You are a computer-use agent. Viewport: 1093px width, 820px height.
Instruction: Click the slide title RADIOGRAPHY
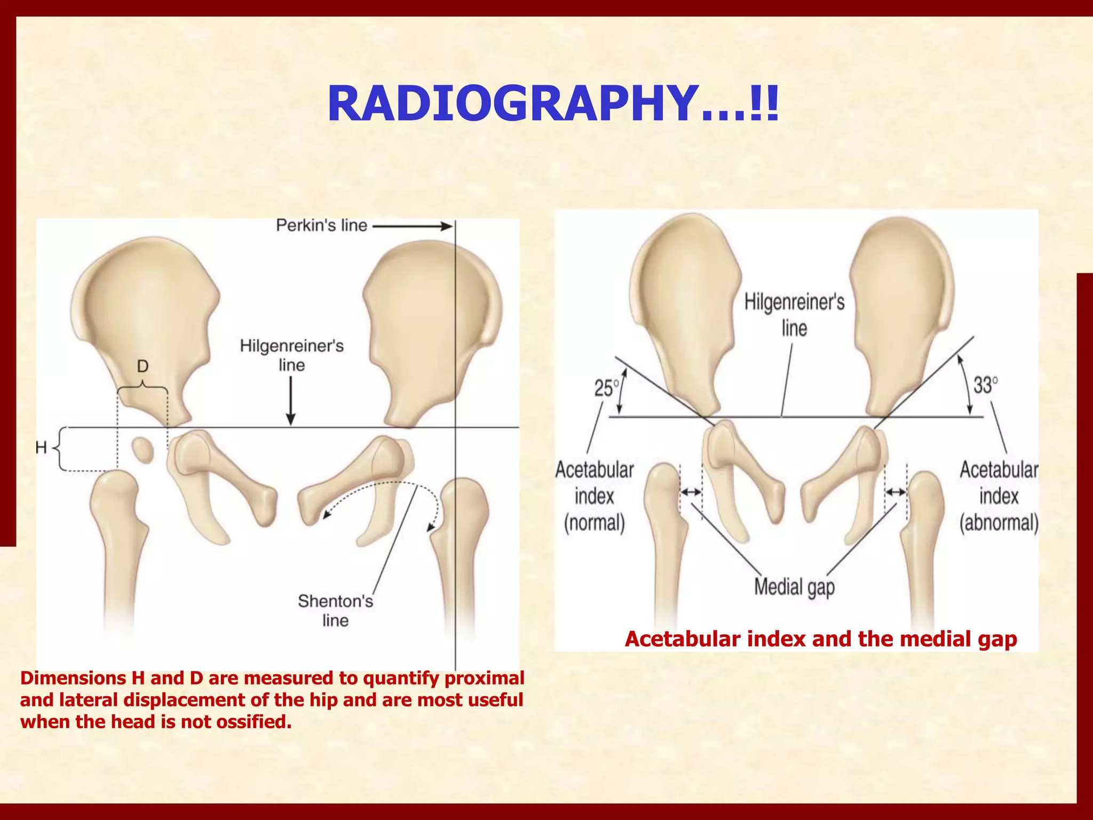coord(553,104)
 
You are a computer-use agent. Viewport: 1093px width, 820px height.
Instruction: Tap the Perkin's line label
coord(321,226)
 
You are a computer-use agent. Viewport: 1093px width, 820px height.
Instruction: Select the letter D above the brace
coord(142,366)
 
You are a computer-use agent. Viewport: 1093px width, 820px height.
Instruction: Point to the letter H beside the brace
coord(42,447)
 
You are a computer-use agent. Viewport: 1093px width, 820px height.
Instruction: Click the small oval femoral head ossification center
coord(142,451)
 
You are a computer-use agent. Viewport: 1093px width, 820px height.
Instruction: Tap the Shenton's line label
coord(335,610)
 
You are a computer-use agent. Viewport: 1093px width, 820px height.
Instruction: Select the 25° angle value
coord(606,388)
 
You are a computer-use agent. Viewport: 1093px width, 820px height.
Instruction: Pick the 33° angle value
coord(985,385)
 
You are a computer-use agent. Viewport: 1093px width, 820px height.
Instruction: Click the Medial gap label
coord(794,587)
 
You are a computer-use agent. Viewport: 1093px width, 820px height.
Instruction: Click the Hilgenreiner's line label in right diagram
coord(794,315)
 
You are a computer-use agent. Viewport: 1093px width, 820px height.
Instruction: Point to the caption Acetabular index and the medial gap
coord(821,638)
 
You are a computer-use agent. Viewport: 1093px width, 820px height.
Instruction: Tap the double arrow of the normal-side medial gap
coord(691,492)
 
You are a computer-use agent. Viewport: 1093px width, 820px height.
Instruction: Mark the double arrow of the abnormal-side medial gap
coord(896,492)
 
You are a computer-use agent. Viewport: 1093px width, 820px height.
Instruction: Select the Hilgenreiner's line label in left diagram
coord(291,356)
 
